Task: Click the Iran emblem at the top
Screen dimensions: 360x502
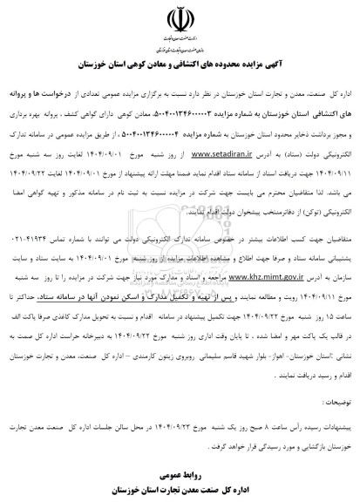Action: [x=179, y=19]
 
